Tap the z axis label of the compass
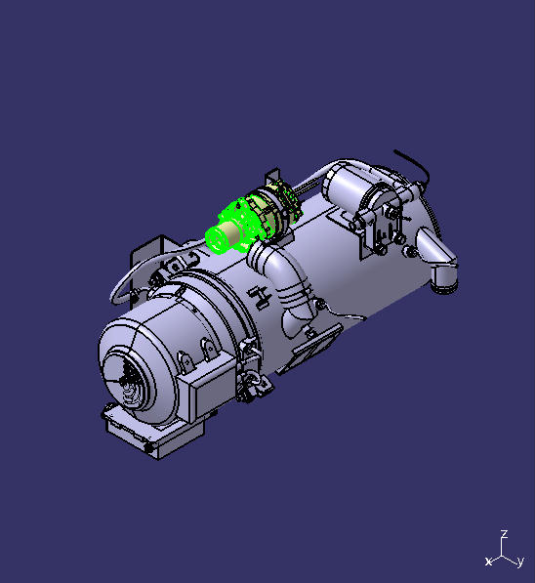pyautogui.click(x=503, y=535)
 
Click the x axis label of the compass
pyautogui.click(x=488, y=562)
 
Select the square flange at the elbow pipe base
pyautogui.click(x=314, y=343)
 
